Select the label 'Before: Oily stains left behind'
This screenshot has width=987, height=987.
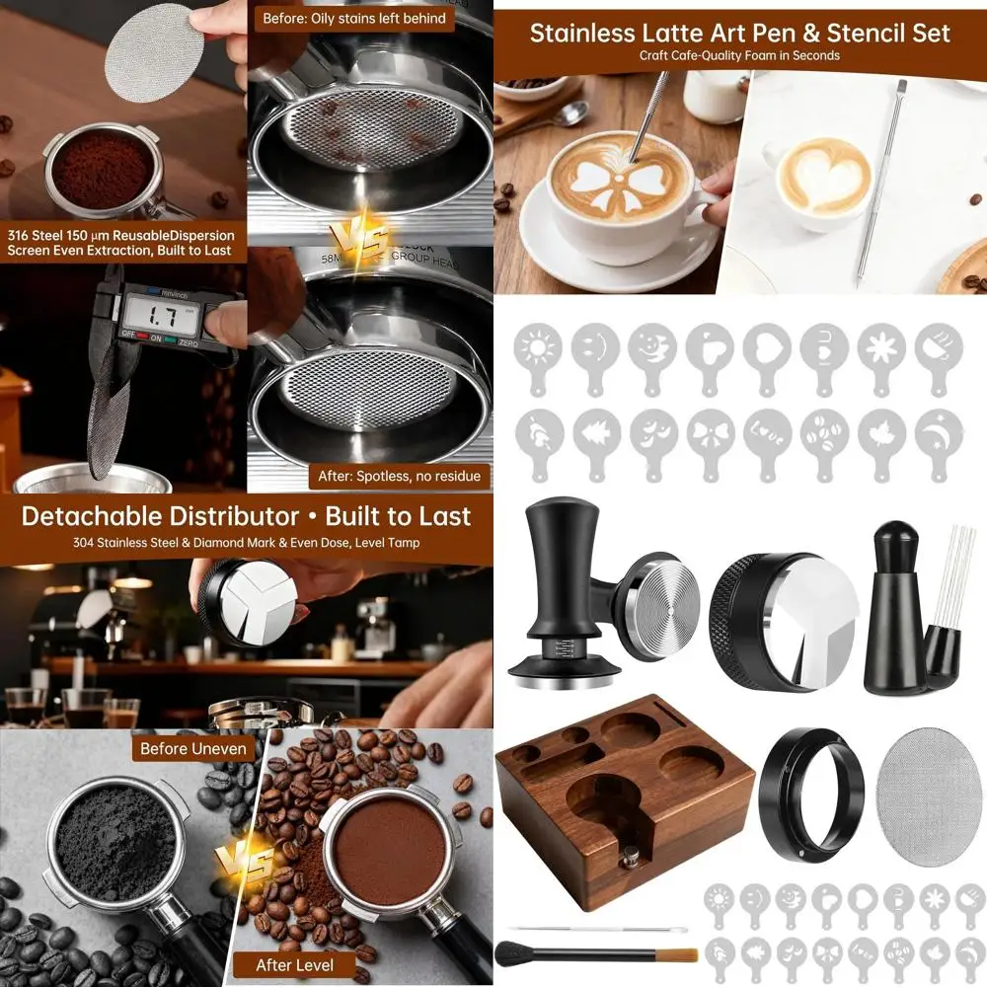pos(353,18)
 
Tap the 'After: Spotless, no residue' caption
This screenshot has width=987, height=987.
pos(399,476)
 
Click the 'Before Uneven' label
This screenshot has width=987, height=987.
pos(193,748)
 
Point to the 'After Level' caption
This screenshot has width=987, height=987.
pos(294,964)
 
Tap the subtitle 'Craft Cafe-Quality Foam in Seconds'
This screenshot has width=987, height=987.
pos(739,56)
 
